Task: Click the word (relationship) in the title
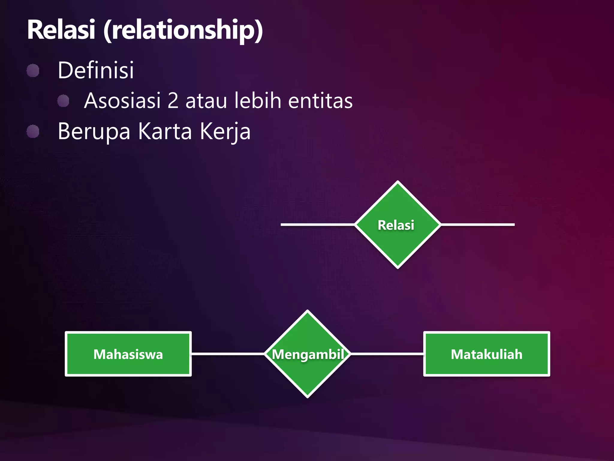183,30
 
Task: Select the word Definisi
96,70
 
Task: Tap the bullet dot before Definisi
33,71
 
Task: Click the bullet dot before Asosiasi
63,101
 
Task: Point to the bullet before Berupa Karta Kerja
33,131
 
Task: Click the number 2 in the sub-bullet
173,101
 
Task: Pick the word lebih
258,101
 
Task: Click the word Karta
165,131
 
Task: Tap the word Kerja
225,131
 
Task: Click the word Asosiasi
122,101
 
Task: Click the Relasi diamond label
396,225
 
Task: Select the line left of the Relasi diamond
318,224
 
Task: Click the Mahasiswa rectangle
128,354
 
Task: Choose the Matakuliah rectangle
486,354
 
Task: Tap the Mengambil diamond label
308,354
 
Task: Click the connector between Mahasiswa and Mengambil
228,354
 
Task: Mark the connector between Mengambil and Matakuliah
387,354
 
